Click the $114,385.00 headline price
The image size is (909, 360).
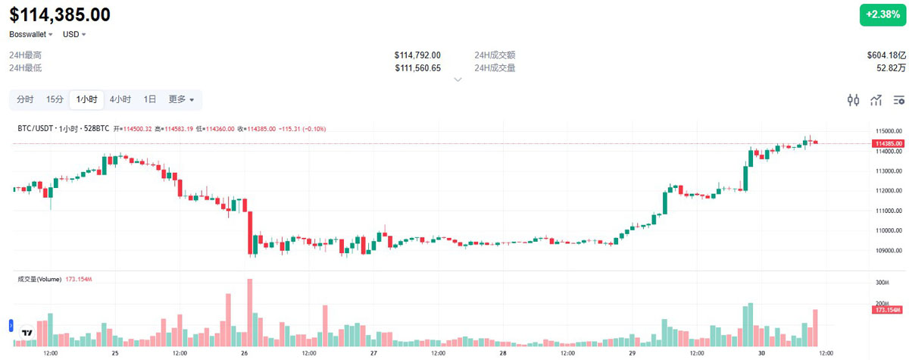60,14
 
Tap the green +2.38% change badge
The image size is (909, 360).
882,15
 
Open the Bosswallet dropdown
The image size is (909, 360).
31,34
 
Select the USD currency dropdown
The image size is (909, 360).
74,34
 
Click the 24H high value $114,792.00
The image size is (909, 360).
417,55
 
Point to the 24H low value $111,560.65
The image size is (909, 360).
417,68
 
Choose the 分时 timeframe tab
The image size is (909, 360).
25,99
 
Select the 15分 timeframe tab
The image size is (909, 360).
55,99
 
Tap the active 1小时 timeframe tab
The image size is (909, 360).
86,99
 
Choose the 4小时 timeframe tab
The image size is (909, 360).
120,99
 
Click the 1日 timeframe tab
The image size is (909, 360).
150,99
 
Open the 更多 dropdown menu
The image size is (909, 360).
181,99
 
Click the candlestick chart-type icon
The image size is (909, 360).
854,100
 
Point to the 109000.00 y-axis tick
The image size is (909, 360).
888,251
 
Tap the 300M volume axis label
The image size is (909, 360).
882,283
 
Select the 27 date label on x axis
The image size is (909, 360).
373,353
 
